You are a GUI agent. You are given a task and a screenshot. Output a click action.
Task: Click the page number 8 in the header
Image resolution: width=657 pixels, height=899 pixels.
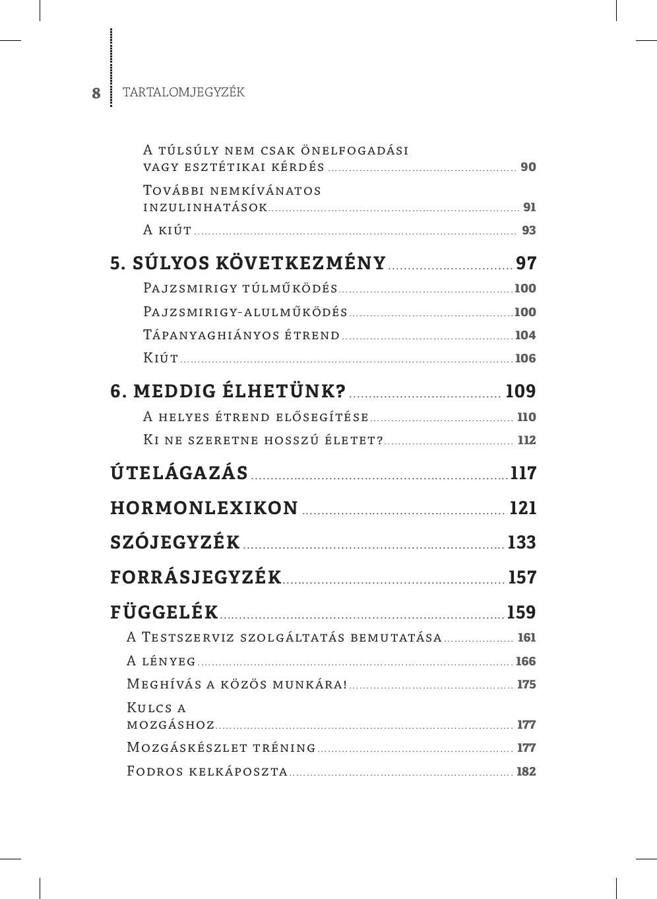click(x=96, y=93)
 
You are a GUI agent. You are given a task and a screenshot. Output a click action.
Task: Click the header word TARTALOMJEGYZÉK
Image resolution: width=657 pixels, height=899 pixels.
click(x=183, y=92)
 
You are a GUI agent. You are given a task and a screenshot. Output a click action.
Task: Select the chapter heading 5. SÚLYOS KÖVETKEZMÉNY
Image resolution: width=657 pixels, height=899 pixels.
click(x=248, y=263)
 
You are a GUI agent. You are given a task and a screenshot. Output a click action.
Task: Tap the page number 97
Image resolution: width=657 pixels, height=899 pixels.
click(x=526, y=263)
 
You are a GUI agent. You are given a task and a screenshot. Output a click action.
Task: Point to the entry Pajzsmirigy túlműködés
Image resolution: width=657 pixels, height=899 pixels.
click(x=241, y=288)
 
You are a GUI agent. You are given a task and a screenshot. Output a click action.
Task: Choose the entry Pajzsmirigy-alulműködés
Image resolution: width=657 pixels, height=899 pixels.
click(x=245, y=312)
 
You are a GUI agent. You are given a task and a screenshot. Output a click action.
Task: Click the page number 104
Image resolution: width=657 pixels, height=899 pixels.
click(x=525, y=335)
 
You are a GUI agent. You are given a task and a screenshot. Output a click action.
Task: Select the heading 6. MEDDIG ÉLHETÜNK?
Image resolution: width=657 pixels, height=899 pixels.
click(x=228, y=391)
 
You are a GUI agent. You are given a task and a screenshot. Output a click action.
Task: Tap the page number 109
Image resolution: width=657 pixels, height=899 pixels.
click(x=520, y=391)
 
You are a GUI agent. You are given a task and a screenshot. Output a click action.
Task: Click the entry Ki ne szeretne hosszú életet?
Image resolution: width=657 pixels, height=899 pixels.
click(x=263, y=440)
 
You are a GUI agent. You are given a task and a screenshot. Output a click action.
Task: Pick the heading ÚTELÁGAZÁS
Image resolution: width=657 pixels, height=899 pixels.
click(x=179, y=473)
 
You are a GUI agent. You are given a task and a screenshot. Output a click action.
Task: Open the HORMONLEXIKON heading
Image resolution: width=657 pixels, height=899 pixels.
click(x=204, y=508)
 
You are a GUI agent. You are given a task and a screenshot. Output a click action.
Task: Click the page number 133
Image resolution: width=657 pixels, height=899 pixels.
click(x=522, y=543)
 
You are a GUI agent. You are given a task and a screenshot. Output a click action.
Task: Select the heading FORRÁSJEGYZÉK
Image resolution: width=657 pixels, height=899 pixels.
click(x=196, y=578)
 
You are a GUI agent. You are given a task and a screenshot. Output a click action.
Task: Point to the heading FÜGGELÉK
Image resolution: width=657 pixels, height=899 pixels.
click(x=164, y=613)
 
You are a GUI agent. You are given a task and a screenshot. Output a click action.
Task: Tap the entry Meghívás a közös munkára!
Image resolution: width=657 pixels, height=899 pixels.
click(x=237, y=684)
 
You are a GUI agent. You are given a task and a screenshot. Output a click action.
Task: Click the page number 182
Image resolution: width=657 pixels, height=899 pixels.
click(x=526, y=772)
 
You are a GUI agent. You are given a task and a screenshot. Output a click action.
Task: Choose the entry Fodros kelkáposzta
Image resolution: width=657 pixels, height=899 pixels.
click(x=207, y=772)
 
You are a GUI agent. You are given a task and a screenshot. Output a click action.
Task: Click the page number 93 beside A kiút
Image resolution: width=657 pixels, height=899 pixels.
click(x=528, y=230)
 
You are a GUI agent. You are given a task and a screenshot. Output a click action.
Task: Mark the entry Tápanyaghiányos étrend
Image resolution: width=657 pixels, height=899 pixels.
click(x=241, y=335)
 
